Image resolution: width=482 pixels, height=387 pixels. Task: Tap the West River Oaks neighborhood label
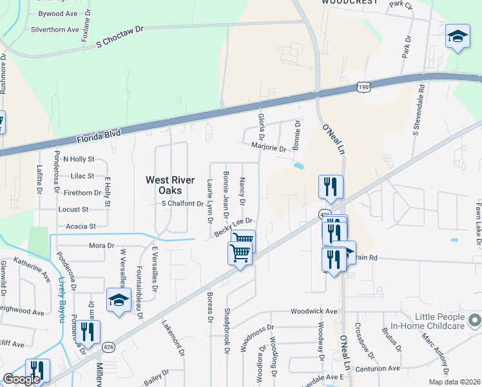pyautogui.click(x=172, y=185)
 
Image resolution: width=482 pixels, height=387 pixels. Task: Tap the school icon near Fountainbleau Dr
pyautogui.click(x=119, y=300)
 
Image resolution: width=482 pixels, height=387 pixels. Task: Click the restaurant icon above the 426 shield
pyautogui.click(x=331, y=187)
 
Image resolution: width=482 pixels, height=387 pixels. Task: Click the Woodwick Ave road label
pyautogui.click(x=314, y=311)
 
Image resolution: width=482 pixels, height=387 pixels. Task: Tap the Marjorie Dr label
pyautogui.click(x=269, y=148)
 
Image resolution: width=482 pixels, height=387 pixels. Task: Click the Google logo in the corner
pyautogui.click(x=21, y=379)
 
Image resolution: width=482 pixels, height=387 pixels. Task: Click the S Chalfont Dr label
pyautogui.click(x=182, y=204)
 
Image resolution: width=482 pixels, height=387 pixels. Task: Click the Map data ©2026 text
pyautogui.click(x=454, y=382)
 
